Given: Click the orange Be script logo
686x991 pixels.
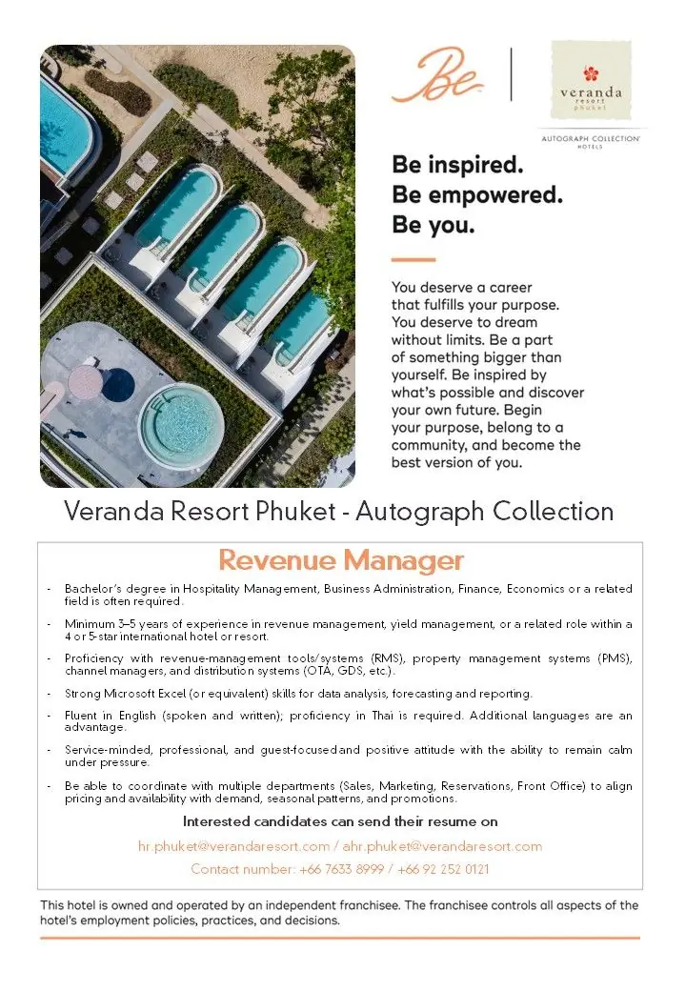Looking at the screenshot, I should (x=436, y=77).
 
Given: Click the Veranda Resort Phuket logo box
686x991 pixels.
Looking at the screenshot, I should (x=590, y=80).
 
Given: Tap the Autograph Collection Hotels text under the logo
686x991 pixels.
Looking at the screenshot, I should (x=590, y=140).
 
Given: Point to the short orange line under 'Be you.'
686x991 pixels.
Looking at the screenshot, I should (x=413, y=260).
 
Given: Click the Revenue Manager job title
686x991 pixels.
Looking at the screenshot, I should (x=341, y=559).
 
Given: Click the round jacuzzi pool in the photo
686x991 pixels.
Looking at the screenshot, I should (x=182, y=423).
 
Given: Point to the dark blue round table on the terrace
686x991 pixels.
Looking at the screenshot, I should (x=117, y=384).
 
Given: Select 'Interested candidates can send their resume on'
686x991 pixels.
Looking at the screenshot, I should (x=340, y=821).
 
